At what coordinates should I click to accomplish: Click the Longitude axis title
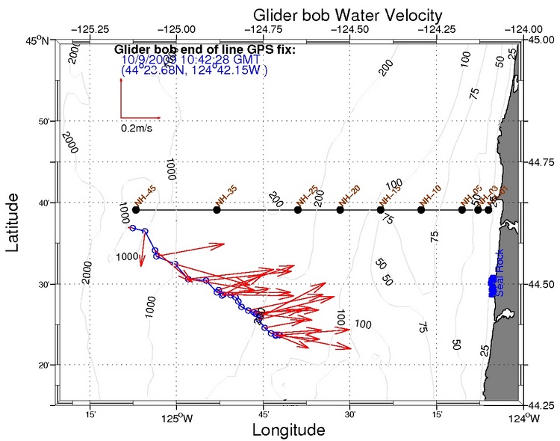click(x=288, y=431)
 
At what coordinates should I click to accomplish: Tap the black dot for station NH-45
click(x=135, y=210)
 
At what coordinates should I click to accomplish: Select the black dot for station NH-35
click(x=217, y=210)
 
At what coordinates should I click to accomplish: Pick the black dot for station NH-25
click(x=298, y=210)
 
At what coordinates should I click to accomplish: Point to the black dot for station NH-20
click(x=340, y=210)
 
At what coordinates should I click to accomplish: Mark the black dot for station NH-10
click(x=421, y=210)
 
